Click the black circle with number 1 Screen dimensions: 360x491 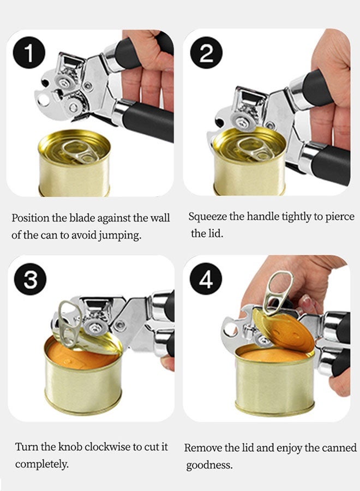[29, 52]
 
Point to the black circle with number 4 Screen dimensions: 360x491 [206, 279]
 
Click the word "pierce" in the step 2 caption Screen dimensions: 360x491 [340, 217]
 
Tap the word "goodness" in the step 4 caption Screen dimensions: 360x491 [209, 465]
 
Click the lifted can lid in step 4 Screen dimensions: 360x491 [283, 330]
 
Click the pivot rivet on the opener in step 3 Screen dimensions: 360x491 [119, 325]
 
